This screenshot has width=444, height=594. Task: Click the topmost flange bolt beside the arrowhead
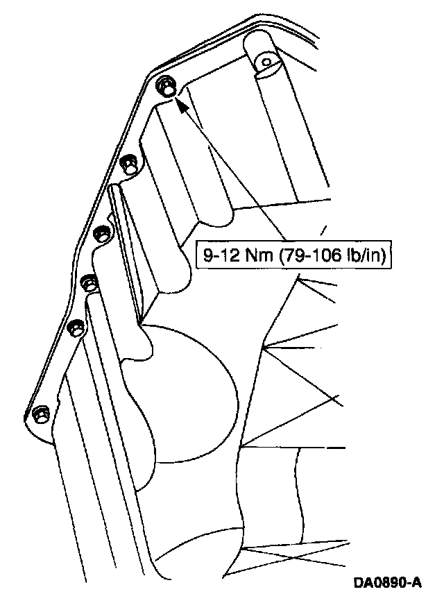pos(166,87)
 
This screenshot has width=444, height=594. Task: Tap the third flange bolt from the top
pos(102,234)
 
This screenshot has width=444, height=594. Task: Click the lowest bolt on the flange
pos(40,414)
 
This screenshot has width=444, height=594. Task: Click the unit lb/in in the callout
pos(364,255)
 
